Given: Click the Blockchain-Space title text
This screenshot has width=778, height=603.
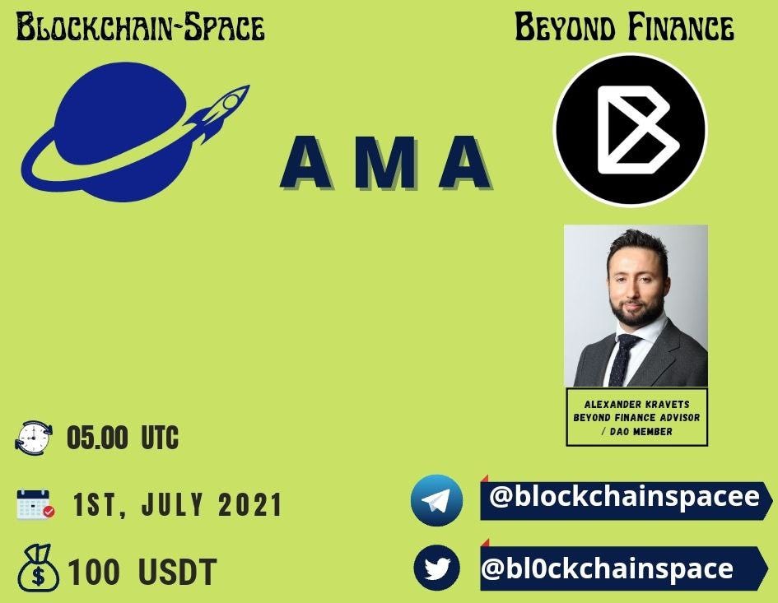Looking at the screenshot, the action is click(x=141, y=27).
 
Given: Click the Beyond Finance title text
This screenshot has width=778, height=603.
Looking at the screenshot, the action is click(x=624, y=27).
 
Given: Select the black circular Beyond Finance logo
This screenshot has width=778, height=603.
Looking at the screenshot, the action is click(x=630, y=129).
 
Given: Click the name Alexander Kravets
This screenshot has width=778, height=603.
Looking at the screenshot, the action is click(x=636, y=404).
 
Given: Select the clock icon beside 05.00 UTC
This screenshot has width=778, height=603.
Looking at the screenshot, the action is click(x=33, y=437).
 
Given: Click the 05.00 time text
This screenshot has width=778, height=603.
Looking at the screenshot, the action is click(x=97, y=438).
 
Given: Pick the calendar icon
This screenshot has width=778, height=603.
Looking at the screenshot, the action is click(x=35, y=504).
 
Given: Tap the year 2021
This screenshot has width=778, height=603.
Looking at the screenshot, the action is click(x=250, y=504).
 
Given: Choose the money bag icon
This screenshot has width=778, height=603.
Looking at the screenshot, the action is click(x=38, y=568).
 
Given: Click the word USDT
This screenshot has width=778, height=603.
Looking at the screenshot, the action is click(x=177, y=572).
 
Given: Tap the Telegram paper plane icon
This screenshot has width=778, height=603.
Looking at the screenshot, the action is click(x=436, y=500).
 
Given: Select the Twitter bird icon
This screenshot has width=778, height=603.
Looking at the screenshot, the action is click(x=436, y=568).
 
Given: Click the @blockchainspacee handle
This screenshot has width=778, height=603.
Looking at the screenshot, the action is click(x=624, y=496).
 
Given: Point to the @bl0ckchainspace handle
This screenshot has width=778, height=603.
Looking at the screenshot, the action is click(x=607, y=568).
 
